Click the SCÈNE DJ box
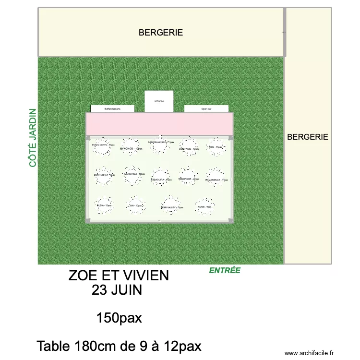(159, 101)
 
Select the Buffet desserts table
(112, 109)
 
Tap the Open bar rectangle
(206, 109)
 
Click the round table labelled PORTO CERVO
(103, 148)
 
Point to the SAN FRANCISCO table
(160, 145)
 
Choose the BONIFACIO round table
(189, 147)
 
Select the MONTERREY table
(104, 176)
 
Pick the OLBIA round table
(104, 205)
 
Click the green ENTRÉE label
(225, 271)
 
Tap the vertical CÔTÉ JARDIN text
(33, 138)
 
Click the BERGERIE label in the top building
(161, 33)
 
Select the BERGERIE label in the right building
(307, 137)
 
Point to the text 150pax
(119, 318)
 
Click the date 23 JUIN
(119, 290)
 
